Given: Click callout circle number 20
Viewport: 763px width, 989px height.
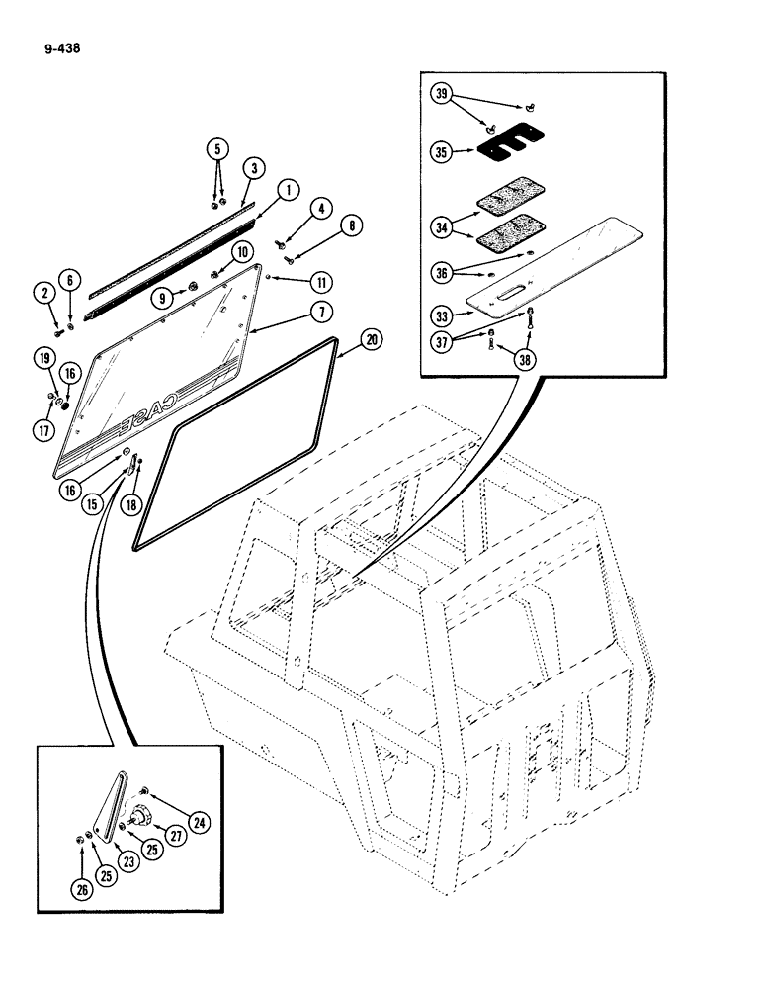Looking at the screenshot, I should pyautogui.click(x=370, y=338).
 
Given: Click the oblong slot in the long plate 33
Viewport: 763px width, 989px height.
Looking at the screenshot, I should pyautogui.click(x=517, y=294).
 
